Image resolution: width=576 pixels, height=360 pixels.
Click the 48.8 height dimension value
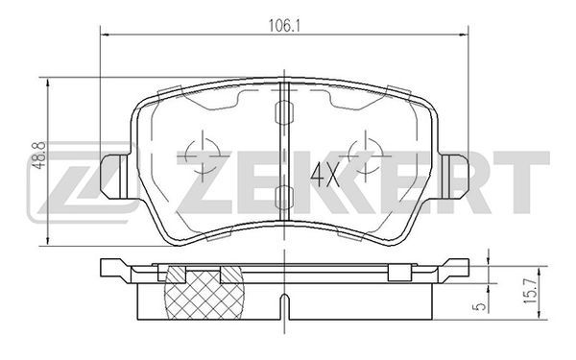tap(39, 156)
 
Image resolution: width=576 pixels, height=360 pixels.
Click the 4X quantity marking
tap(324, 176)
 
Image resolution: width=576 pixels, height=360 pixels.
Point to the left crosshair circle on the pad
tap(204, 156)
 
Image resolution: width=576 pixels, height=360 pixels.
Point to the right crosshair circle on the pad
tap(366, 156)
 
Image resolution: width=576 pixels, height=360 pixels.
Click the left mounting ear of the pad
tap(114, 177)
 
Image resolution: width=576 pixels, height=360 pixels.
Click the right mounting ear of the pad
tap(455, 177)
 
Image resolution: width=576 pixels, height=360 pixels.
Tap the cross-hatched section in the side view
tap(204, 293)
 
